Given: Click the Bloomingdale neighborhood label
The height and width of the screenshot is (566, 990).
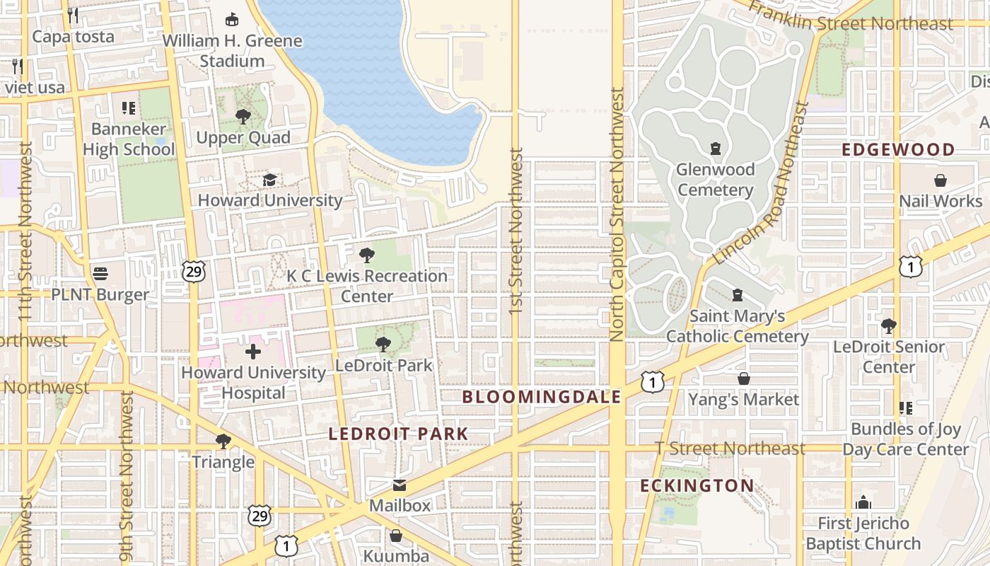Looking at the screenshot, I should [x=542, y=397].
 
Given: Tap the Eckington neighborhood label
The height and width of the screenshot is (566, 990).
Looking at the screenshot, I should [x=697, y=485].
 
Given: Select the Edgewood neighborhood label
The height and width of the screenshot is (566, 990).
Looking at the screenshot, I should [x=898, y=149].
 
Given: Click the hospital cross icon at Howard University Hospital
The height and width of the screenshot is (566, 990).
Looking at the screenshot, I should [x=253, y=352].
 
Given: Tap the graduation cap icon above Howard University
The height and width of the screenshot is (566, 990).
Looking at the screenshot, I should [x=269, y=180].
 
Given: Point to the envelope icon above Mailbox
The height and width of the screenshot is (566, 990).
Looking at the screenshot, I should [x=400, y=485].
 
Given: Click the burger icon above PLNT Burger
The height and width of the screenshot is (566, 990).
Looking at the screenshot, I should [x=100, y=274].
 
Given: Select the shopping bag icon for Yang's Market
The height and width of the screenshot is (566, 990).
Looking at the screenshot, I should [x=743, y=379].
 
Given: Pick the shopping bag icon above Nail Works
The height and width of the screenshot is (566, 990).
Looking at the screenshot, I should [x=940, y=180].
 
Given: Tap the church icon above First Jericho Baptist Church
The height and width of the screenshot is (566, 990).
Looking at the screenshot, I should [x=863, y=502].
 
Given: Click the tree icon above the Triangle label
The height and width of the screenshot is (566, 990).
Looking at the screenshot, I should [x=223, y=441].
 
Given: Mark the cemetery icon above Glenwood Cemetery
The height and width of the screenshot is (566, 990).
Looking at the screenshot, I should [x=715, y=149].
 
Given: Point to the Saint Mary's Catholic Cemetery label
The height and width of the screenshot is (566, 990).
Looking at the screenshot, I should [x=737, y=326].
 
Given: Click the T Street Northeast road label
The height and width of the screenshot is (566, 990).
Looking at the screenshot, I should [x=730, y=449].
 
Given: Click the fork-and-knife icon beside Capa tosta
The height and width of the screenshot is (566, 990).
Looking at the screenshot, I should [x=73, y=15].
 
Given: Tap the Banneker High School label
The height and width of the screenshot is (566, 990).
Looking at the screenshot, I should [x=129, y=139].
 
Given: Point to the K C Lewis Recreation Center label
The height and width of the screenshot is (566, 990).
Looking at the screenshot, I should [x=367, y=286].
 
